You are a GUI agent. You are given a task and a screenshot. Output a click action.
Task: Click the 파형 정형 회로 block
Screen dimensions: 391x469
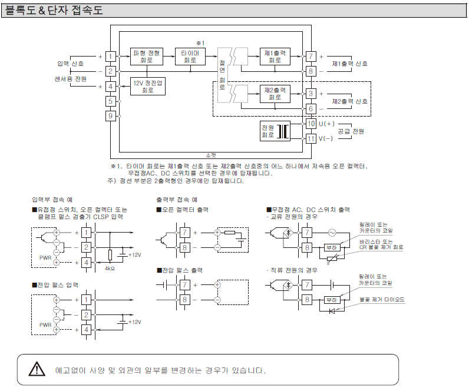[145, 57]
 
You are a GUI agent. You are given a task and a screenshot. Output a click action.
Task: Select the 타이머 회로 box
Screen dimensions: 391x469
[190, 57]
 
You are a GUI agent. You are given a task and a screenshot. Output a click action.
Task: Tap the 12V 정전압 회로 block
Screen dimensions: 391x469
[148, 87]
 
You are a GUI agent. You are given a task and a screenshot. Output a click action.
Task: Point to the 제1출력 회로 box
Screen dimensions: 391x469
[275, 57]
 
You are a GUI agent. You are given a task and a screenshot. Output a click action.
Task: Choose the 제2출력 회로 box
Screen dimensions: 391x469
[275, 93]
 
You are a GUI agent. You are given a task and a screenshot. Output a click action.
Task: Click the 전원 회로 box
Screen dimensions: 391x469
[268, 131]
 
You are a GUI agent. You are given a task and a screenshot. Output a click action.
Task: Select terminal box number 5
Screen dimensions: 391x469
[110, 101]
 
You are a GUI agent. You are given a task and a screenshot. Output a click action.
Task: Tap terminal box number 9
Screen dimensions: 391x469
[110, 116]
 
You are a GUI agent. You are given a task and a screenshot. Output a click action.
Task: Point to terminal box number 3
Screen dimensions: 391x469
[311, 94]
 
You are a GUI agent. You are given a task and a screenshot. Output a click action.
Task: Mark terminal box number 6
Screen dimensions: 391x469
[311, 109]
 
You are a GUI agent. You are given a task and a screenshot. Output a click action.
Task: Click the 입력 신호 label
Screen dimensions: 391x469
[70, 64]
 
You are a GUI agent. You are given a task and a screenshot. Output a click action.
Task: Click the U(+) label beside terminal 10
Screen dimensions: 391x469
[326, 124]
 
